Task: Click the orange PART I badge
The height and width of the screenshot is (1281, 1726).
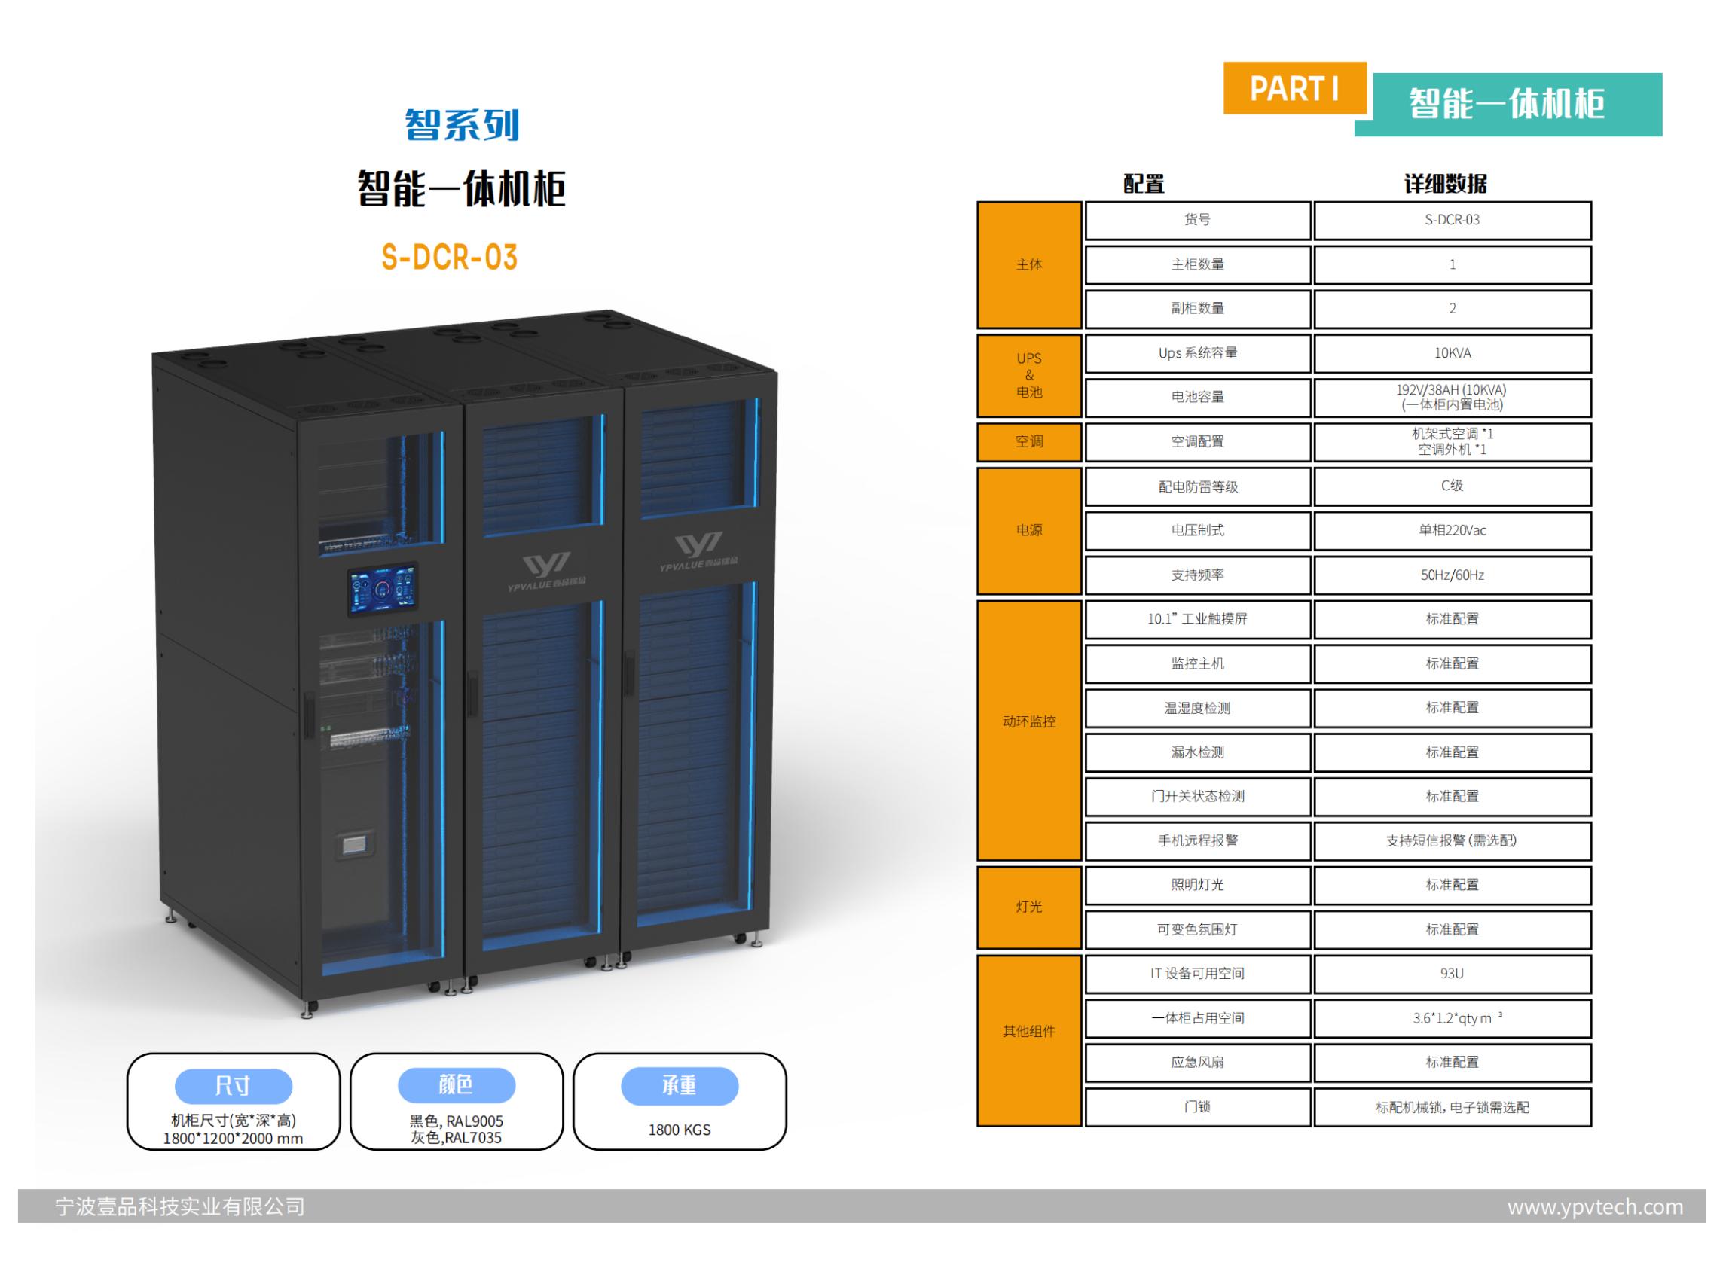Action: (1294, 88)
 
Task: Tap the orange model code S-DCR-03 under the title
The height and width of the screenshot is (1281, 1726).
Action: (449, 258)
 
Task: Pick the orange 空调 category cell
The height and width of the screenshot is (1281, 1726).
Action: (1028, 442)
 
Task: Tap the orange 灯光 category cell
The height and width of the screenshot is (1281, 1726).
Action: (1028, 907)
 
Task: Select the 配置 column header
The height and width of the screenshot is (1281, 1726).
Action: (1144, 185)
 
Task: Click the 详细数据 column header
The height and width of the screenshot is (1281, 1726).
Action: (1445, 185)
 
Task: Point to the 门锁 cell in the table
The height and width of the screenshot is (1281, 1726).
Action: (1197, 1107)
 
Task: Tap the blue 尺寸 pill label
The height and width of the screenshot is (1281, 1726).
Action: (233, 1086)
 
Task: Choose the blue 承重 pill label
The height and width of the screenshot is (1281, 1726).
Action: (679, 1086)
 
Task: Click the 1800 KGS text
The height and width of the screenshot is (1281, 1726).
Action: (679, 1130)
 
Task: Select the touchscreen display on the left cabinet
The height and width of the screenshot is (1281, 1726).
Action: (382, 591)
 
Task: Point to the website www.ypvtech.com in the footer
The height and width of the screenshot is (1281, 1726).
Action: (1595, 1207)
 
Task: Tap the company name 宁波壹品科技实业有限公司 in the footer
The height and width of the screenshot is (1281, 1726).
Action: (180, 1207)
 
